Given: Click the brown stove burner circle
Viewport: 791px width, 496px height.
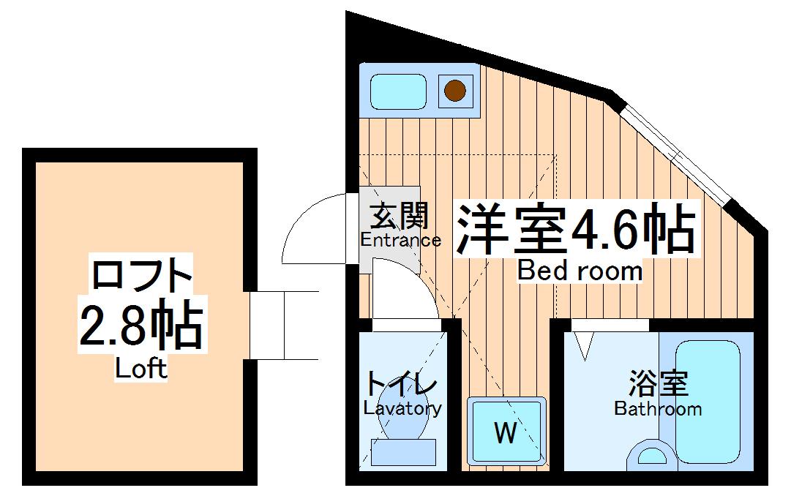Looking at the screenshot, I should point(455,91).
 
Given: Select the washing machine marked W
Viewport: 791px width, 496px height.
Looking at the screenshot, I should point(506,432).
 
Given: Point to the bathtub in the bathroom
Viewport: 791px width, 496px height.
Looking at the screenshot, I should point(708,405).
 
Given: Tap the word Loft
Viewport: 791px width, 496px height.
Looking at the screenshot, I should point(141,369).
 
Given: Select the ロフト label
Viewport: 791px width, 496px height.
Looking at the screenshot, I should point(141,276).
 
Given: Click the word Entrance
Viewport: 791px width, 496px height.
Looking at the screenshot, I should point(400,240).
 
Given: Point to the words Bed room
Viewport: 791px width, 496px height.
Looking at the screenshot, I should point(580,271).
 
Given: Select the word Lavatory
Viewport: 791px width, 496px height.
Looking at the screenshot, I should point(402,408).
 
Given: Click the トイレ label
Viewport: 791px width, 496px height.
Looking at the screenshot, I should point(402,384).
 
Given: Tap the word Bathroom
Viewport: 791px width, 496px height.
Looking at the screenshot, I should point(658,409).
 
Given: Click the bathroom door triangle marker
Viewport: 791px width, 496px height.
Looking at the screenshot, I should point(584,345).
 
